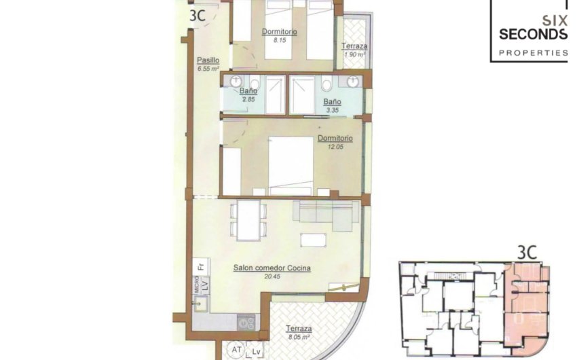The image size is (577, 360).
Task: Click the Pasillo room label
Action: coord(207,60)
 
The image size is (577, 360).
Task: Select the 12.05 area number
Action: coord(331,147)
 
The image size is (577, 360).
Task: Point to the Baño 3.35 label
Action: coord(331,102)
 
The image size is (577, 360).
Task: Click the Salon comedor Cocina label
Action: coord(272,268)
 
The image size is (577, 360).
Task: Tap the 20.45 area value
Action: coord(272,277)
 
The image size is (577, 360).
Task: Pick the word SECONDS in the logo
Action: coord(533,34)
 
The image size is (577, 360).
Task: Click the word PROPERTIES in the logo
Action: coord(533,52)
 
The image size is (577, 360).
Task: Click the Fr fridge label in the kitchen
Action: coord(201,267)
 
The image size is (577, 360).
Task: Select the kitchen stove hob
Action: coord(246,322)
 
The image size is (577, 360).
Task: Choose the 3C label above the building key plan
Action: coord(527,252)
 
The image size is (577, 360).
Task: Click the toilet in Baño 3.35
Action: coord(327,86)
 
